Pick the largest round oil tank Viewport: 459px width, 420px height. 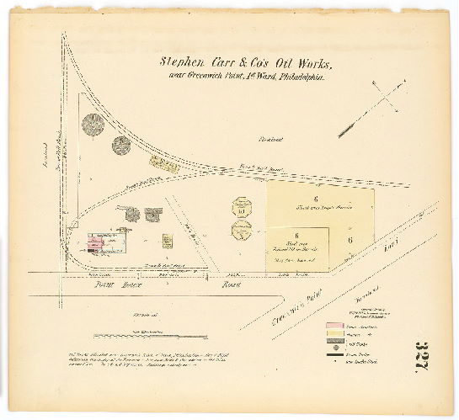[93, 125]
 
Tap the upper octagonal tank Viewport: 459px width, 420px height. [243, 207]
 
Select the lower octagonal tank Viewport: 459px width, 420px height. [241, 230]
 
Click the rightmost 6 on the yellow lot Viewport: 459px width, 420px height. [350, 240]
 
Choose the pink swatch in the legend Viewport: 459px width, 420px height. [335, 326]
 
